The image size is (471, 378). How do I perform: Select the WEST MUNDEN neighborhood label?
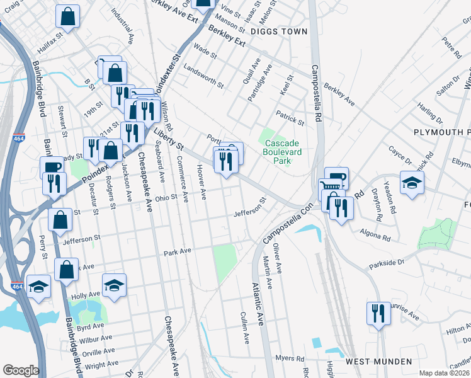378,362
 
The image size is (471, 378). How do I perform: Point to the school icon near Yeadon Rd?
412,183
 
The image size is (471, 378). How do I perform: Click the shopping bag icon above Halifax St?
67,16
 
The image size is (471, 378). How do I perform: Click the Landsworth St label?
201,77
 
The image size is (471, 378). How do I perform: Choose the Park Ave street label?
177,252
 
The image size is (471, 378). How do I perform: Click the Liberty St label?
169,138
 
